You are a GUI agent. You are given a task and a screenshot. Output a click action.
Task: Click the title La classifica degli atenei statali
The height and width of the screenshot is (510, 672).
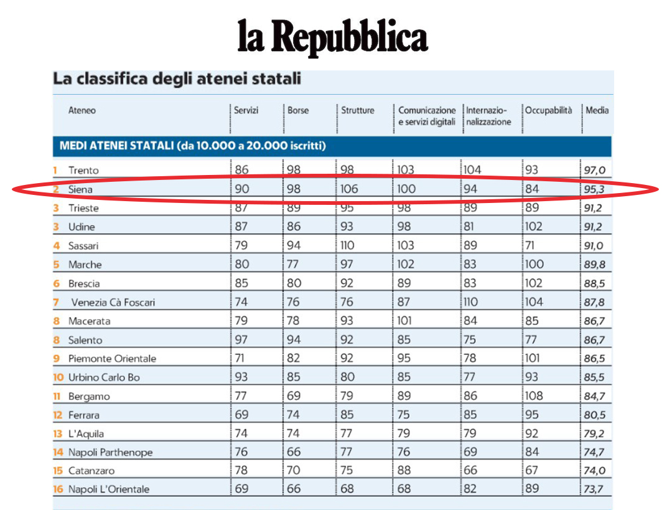[177, 79]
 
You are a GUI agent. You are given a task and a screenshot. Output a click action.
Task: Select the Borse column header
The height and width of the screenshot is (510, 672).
[298, 111]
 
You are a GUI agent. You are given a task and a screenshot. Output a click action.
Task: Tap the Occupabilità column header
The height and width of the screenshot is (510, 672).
[548, 111]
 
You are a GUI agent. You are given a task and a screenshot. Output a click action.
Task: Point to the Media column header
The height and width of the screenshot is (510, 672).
[597, 111]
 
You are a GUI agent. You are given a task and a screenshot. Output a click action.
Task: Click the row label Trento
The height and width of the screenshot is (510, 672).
[83, 170]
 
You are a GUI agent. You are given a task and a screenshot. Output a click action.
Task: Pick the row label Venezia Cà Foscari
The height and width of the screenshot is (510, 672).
[113, 303]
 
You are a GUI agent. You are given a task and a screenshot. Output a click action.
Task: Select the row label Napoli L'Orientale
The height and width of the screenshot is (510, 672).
[109, 489]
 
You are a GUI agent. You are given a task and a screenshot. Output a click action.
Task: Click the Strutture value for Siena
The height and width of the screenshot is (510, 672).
[350, 189]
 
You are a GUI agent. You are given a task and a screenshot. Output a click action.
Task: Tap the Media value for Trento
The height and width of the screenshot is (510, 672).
[594, 170]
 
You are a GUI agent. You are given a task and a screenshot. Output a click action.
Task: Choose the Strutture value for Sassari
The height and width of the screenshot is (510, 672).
[348, 246]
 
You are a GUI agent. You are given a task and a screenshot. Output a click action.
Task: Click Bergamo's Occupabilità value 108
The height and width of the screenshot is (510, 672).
[534, 396]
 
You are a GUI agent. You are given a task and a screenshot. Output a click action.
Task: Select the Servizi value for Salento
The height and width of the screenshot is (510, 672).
[241, 340]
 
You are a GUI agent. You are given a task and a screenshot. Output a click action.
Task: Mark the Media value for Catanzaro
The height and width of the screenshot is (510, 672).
[594, 471]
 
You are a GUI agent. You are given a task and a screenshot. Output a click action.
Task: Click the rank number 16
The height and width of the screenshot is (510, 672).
[58, 489]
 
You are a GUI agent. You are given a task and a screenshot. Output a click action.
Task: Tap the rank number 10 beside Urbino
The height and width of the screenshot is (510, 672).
[58, 377]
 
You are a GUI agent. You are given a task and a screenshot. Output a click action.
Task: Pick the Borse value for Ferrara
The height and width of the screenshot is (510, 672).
[294, 415]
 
